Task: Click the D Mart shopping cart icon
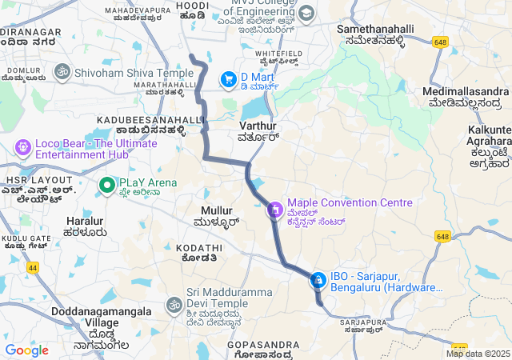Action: pos(229,79)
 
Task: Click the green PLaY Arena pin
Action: pos(107,186)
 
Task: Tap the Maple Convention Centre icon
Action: pos(274,210)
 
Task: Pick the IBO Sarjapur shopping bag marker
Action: pos(318,280)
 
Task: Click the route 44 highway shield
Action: pos(32,267)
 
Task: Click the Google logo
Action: pos(26,350)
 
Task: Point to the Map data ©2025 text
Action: pos(478,354)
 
